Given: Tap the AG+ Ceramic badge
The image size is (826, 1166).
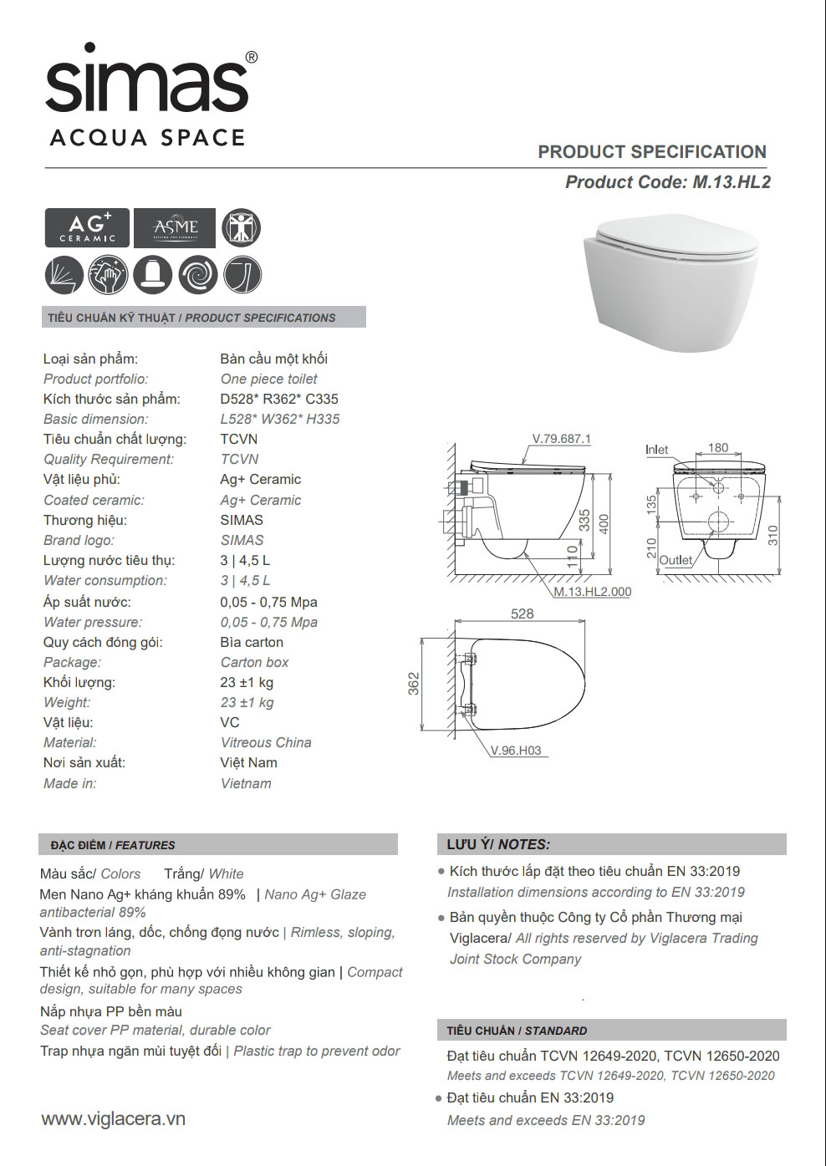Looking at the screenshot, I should [87, 227].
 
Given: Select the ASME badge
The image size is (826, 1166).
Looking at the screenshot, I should [175, 227].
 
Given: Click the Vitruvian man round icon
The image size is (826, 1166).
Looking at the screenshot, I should [242, 227].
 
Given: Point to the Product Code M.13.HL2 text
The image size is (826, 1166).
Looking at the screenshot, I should [667, 182].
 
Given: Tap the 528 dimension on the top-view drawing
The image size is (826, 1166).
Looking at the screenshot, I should [522, 614].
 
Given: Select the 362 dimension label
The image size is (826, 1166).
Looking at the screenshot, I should [412, 685].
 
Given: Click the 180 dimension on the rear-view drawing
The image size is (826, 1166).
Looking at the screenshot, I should [717, 448].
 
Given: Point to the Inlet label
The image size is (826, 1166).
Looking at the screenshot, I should [657, 450].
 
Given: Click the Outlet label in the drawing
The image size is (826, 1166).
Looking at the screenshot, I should [676, 560].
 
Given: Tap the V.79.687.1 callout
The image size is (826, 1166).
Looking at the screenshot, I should [561, 439].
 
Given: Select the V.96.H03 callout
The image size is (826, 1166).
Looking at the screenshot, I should [516, 751].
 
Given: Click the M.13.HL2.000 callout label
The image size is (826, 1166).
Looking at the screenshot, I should [593, 591].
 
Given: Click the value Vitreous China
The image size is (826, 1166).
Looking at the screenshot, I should [266, 742].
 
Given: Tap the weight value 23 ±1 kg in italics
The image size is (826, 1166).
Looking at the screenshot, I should [247, 702].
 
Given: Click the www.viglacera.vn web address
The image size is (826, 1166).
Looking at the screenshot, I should [113, 1119].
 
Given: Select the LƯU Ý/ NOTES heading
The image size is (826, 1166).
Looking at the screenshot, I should [499, 844].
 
